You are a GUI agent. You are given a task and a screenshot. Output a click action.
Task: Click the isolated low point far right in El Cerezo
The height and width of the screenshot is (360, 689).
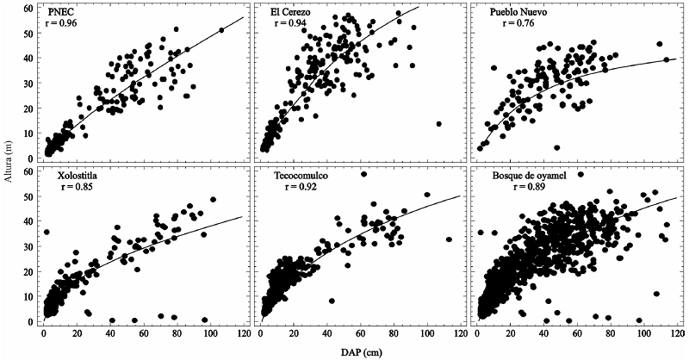(439, 124)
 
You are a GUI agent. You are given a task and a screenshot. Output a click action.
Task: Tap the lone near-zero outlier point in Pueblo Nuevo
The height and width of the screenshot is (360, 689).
(557, 147)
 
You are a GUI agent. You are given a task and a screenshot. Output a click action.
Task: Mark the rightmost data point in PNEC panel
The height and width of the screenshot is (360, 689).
(221, 30)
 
